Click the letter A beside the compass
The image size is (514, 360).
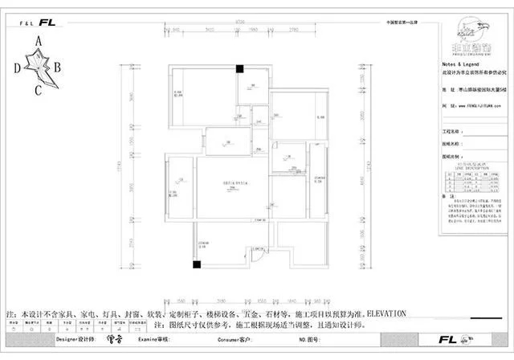[39, 39]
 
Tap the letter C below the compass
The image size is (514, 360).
[38, 89]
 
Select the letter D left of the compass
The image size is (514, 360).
[16, 68]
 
